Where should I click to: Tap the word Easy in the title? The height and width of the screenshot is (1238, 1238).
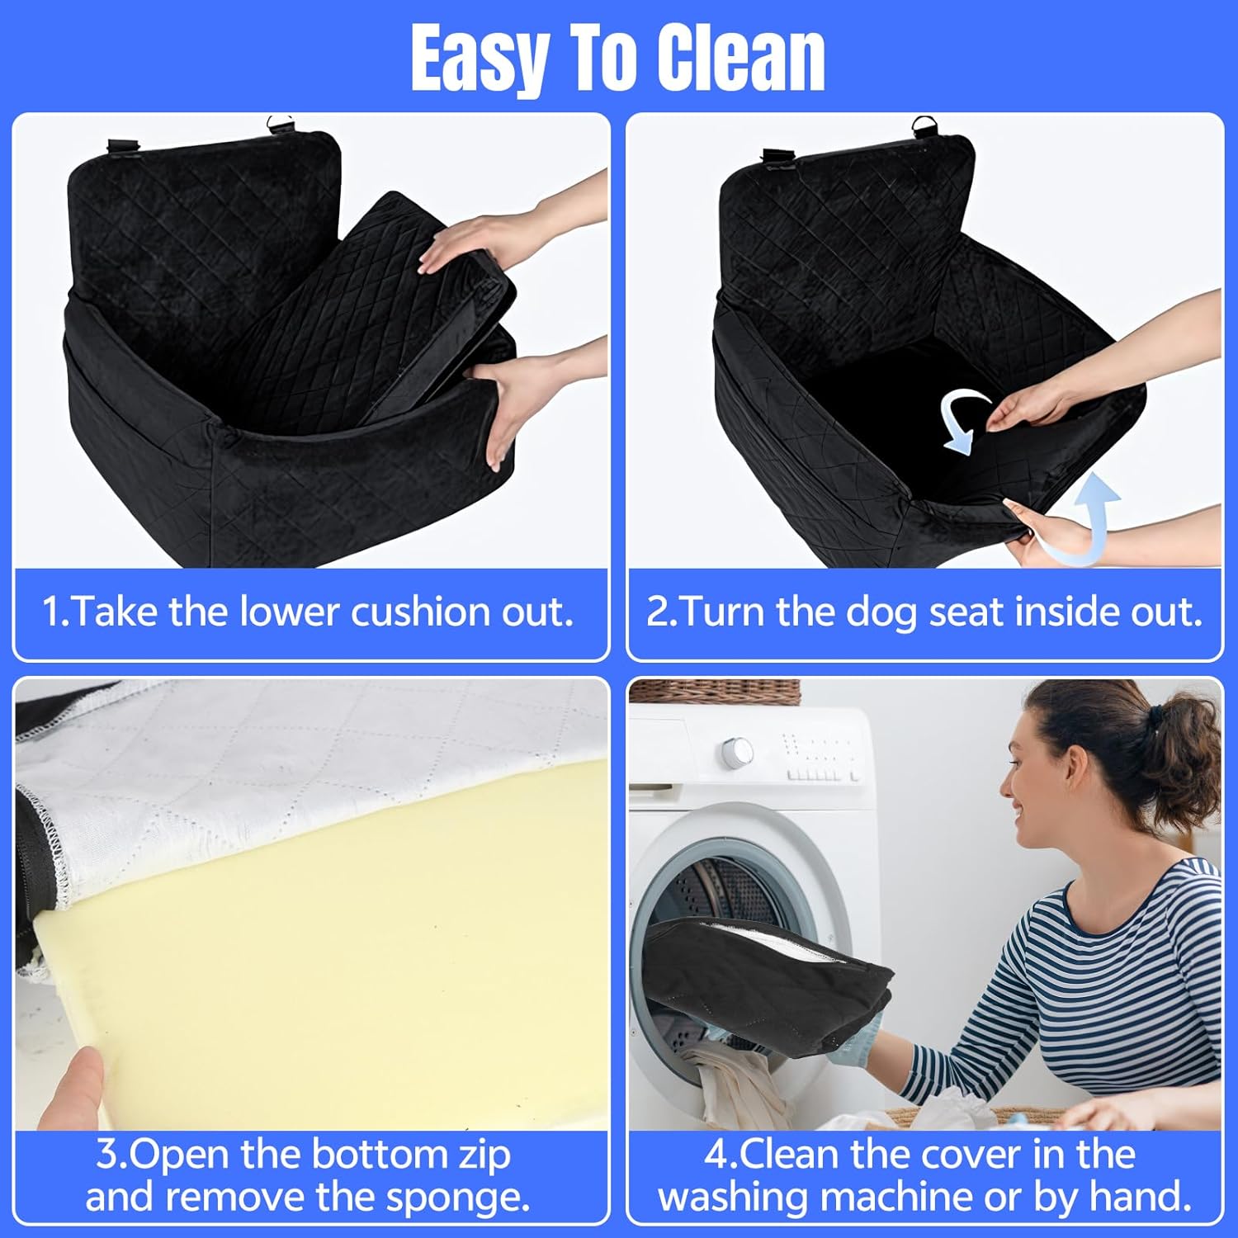pyautogui.click(x=480, y=59)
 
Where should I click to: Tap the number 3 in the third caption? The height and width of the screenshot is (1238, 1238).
pyautogui.click(x=107, y=1154)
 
